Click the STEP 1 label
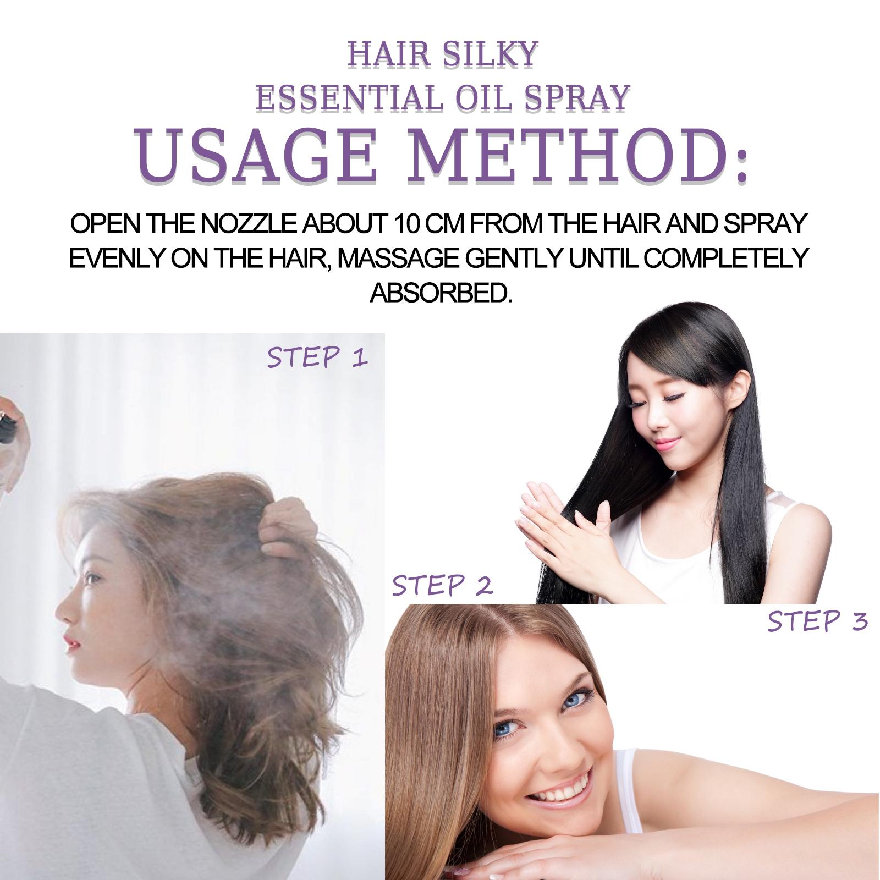[x=317, y=358]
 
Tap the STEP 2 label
[x=442, y=586]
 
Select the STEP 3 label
[x=817, y=621]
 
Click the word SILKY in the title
[x=490, y=56]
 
